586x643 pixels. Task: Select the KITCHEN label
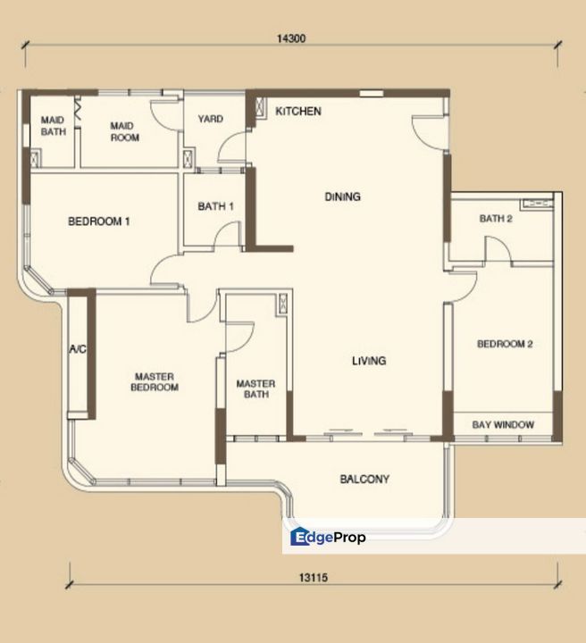(297, 111)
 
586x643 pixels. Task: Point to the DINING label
(343, 196)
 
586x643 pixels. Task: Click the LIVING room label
(368, 361)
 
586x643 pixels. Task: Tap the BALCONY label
(364, 480)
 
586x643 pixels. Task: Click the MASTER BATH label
(255, 388)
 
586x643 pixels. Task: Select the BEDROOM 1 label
(99, 221)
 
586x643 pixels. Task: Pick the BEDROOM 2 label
(504, 344)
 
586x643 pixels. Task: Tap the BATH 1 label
(215, 206)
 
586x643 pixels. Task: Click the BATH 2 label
(495, 218)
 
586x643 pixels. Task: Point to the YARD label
(210, 119)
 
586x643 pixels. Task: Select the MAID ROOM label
(125, 132)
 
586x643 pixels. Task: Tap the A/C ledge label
(77, 349)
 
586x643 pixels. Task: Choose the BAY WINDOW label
(502, 425)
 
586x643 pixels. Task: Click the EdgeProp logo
(328, 537)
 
